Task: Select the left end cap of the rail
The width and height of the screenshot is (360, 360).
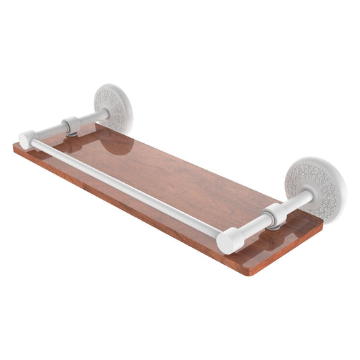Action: coord(27,140)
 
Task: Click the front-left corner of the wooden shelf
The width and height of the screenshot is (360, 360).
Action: coord(15,147)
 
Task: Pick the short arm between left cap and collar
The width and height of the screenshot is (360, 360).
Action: coord(47,133)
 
